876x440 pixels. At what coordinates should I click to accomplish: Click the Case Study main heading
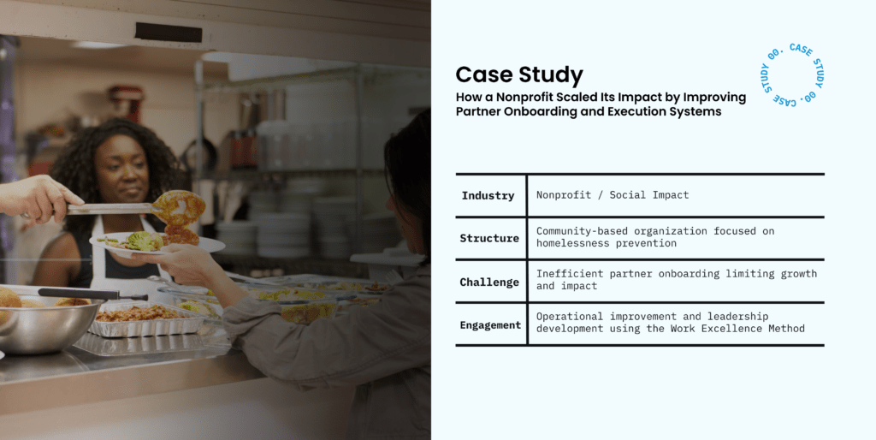coord(519,75)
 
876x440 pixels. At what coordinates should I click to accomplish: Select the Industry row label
coord(488,196)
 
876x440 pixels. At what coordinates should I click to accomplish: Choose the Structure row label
coord(489,238)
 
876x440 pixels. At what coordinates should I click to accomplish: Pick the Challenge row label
coord(489,282)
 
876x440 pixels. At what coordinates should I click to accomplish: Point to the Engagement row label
coord(490,324)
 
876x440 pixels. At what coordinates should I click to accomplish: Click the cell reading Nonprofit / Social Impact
coord(613,195)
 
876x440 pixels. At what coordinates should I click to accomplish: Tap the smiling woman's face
coord(121,168)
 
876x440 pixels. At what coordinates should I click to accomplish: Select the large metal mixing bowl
coord(48,326)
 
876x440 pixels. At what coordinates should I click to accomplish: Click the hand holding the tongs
coord(36,197)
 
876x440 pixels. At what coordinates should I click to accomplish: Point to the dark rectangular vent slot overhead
coord(169,33)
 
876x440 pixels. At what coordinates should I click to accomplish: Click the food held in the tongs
coord(179,212)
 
